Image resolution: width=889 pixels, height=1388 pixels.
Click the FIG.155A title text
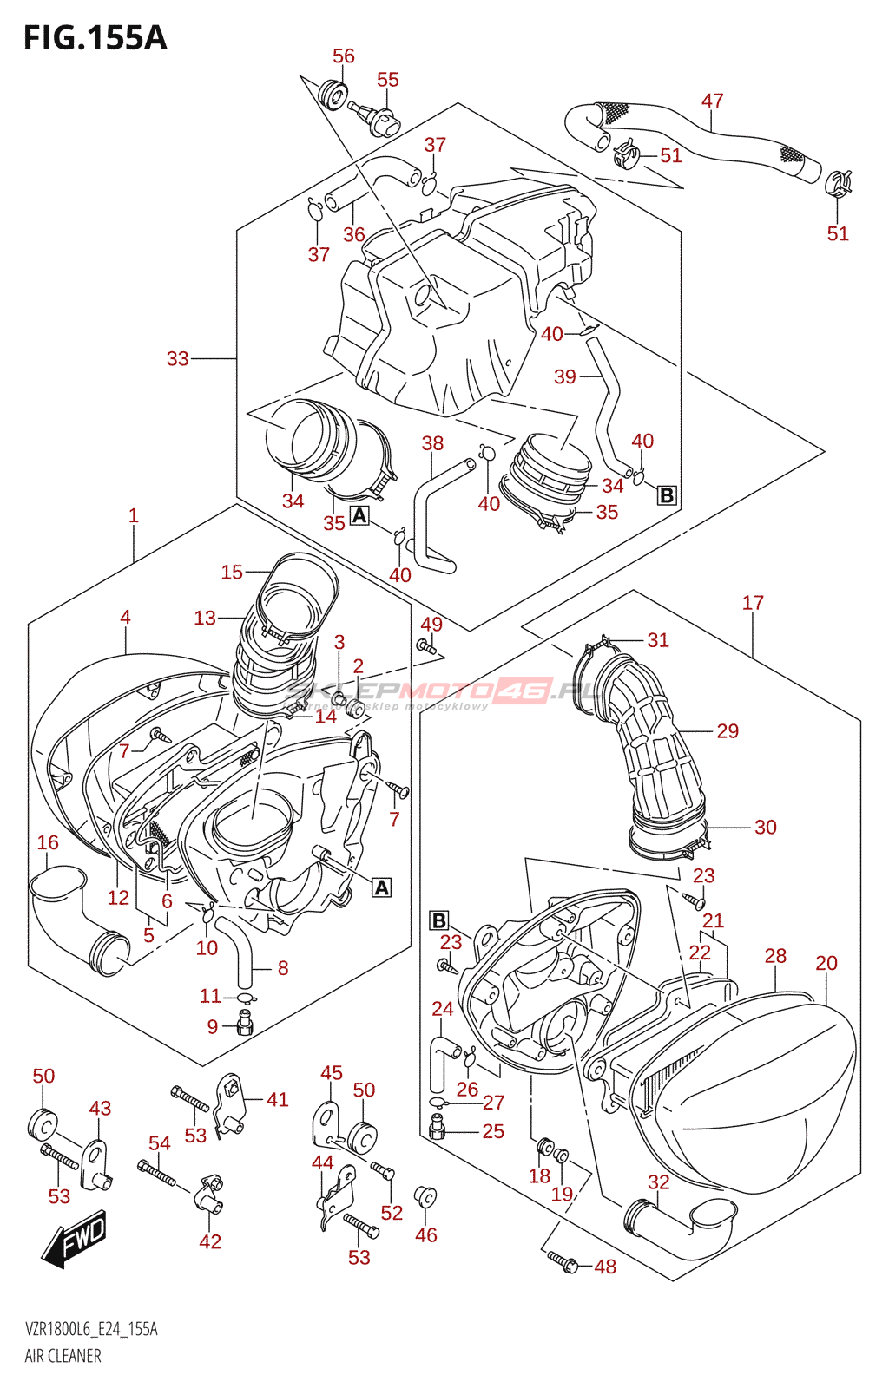point(95,38)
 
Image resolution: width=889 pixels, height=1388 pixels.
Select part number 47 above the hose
point(712,101)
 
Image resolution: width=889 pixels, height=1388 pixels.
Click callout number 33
point(177,358)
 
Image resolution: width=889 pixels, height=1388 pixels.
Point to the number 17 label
point(753,602)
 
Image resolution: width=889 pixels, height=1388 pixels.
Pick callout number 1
point(134,515)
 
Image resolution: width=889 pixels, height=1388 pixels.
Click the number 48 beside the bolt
point(605,1267)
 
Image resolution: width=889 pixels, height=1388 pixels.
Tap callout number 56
point(344,56)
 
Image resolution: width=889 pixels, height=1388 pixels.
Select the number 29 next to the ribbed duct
point(728,730)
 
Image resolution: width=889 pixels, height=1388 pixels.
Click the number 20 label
point(826,963)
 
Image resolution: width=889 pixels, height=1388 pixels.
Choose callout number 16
point(48,842)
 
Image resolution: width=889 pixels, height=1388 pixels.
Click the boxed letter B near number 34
point(667,495)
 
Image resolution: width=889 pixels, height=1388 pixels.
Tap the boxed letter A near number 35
point(359,516)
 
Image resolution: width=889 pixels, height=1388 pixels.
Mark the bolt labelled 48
point(563,1260)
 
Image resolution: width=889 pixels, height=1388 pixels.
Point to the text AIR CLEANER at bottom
point(63,1356)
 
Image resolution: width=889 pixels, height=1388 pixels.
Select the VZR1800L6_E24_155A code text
point(91,1330)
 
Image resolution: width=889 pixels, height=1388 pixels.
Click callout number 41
point(277,1099)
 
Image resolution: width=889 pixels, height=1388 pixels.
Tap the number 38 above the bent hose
point(432,443)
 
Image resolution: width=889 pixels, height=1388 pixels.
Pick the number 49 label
point(431,624)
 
